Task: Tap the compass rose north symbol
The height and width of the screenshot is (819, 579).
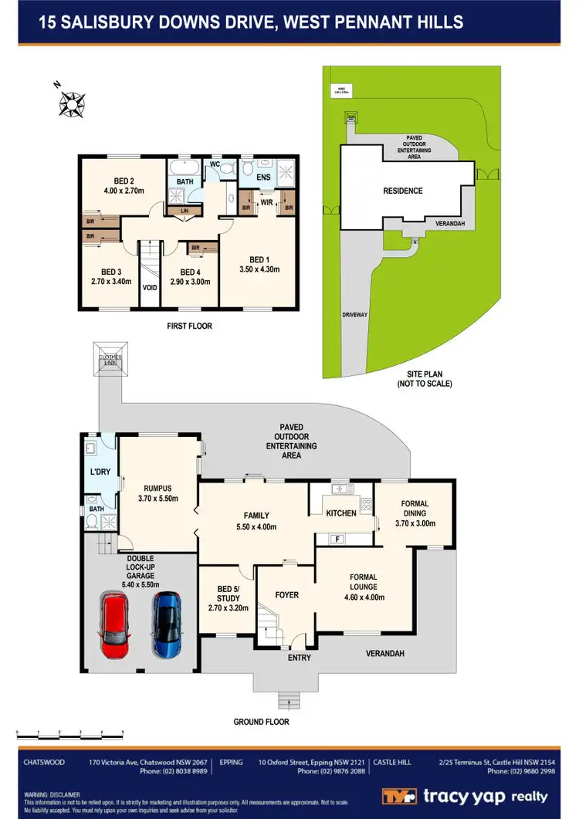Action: [x=71, y=102]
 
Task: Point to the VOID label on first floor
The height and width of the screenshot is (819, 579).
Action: [x=148, y=286]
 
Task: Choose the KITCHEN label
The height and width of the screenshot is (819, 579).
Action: [x=340, y=513]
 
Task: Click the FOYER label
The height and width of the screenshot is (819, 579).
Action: [x=286, y=595]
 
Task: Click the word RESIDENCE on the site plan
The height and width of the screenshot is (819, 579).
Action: [x=403, y=191]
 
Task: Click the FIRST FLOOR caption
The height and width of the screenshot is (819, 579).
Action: [x=189, y=327]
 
